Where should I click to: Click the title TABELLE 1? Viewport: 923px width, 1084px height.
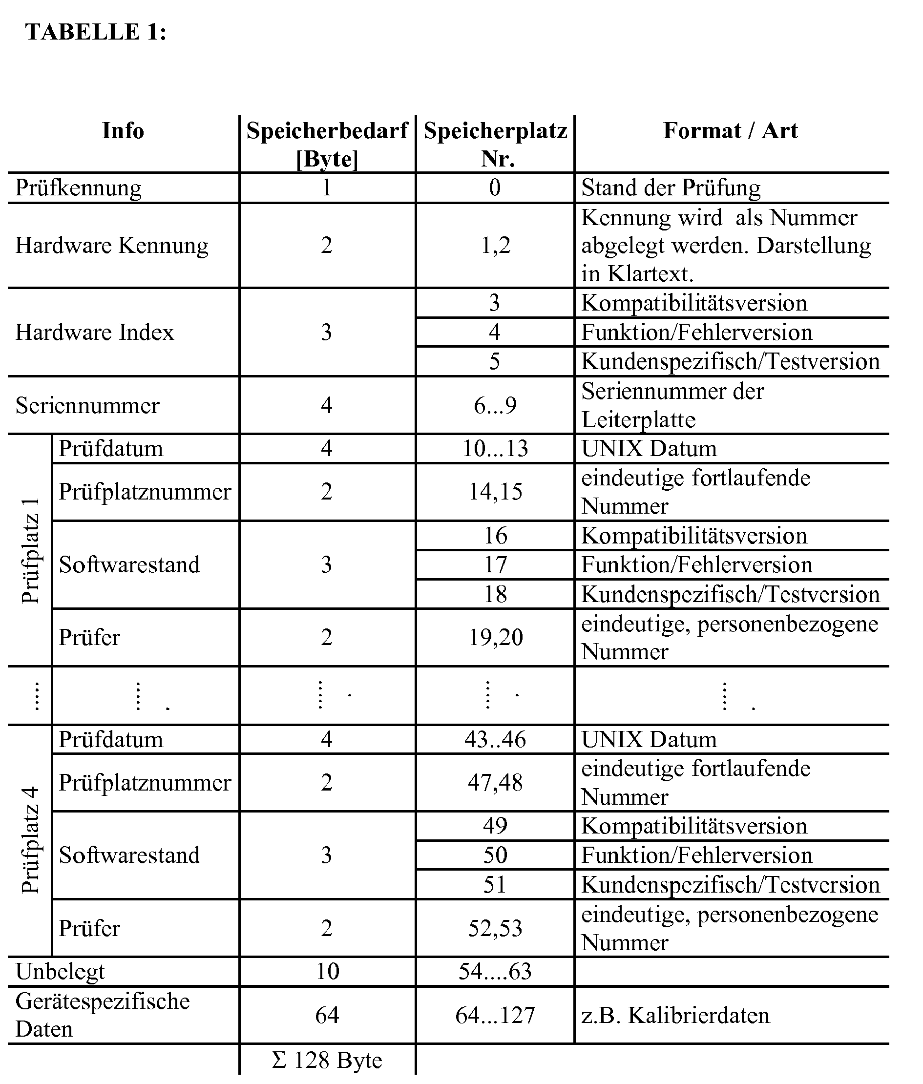96,32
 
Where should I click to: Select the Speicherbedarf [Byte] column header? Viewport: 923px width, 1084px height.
327,145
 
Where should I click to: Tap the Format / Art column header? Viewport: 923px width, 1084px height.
731,131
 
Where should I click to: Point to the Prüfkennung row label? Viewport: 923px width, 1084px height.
79,188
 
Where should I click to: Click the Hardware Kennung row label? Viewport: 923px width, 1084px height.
111,245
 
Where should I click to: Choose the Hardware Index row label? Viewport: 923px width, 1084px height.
94,332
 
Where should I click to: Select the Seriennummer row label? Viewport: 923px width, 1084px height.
87,405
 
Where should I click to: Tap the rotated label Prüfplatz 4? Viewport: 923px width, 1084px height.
31,841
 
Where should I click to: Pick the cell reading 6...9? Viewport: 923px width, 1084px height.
495,405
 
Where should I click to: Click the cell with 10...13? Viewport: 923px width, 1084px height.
495,449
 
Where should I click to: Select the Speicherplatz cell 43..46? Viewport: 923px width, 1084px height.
495,739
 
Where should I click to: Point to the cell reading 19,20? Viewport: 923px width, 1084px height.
495,637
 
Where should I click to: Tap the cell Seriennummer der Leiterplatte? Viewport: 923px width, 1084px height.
672,405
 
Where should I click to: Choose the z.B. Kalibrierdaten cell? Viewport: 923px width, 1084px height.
675,1016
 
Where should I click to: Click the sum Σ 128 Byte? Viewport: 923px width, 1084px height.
327,1060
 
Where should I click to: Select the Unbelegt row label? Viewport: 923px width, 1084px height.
60,972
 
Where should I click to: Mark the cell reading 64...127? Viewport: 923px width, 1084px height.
495,1016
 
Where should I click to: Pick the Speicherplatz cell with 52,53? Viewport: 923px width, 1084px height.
495,928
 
